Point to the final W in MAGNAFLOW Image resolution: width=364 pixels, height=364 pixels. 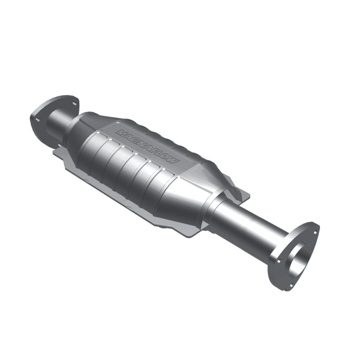[176, 163]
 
